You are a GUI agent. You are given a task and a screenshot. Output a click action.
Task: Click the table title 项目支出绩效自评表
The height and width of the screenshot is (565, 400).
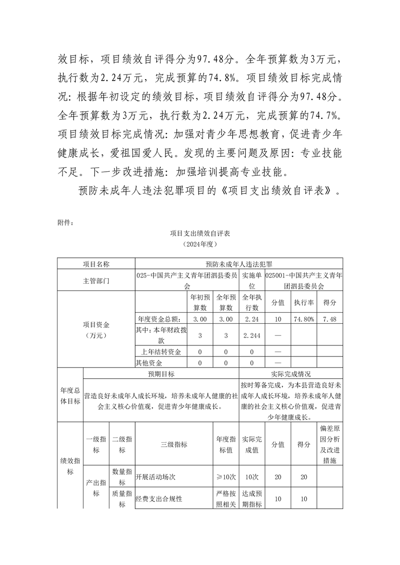click(x=200, y=234)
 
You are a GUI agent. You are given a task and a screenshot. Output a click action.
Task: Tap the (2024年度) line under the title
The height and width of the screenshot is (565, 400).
click(x=200, y=244)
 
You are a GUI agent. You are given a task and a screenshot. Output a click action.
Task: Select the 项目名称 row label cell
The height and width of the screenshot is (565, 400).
click(x=96, y=264)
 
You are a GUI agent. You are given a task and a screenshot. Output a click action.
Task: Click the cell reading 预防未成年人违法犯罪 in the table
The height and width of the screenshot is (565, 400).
click(x=239, y=264)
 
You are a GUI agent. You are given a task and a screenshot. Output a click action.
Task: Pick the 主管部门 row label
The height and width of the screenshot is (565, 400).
click(x=96, y=281)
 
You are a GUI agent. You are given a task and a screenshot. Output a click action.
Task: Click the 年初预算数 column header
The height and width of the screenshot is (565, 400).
click(x=200, y=303)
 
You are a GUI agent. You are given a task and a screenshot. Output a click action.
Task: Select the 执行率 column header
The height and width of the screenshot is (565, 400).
click(x=304, y=303)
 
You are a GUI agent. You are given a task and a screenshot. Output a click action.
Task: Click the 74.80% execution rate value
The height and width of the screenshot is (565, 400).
click(x=304, y=319)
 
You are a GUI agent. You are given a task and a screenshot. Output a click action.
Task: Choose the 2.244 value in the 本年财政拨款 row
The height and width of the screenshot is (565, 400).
click(x=251, y=335)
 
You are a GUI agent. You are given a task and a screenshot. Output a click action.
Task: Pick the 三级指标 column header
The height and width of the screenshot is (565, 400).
click(x=174, y=445)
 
